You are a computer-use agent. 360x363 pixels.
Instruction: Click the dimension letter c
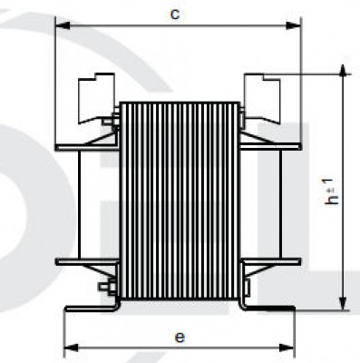(x=175, y=14)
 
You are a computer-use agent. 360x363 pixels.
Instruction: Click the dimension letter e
(x=180, y=337)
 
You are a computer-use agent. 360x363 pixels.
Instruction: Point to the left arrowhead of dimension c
(x=63, y=25)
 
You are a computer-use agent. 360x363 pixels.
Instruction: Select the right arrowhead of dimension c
(x=294, y=25)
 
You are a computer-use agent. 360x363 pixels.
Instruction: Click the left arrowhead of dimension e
(x=72, y=348)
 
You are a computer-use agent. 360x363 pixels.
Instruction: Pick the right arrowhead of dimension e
(x=287, y=348)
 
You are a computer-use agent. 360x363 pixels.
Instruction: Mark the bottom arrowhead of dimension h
(x=343, y=303)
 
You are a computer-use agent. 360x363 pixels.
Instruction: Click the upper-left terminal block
(x=96, y=98)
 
